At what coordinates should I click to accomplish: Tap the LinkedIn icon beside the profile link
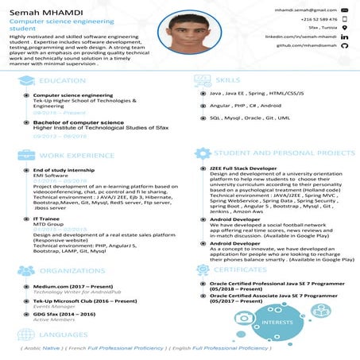coord(345,37)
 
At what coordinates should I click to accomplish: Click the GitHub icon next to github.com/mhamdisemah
coord(345,47)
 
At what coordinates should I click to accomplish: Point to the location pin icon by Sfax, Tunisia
coord(345,28)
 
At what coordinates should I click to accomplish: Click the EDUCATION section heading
coord(62,81)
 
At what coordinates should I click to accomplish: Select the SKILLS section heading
coord(228,81)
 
